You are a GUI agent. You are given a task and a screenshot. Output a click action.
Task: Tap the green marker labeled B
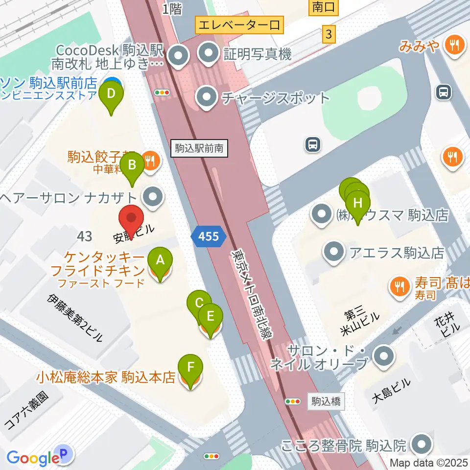click(132, 166)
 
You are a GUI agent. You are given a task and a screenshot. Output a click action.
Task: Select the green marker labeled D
click(111, 94)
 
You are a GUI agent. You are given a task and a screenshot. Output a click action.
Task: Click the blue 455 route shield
click(209, 237)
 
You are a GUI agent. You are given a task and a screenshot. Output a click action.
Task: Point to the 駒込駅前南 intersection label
click(200, 148)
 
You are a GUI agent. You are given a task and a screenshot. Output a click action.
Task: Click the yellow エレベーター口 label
click(239, 24)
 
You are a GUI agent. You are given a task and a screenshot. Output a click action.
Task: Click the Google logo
click(33, 458)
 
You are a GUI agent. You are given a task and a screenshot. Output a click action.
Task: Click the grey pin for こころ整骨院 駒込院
click(422, 445)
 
